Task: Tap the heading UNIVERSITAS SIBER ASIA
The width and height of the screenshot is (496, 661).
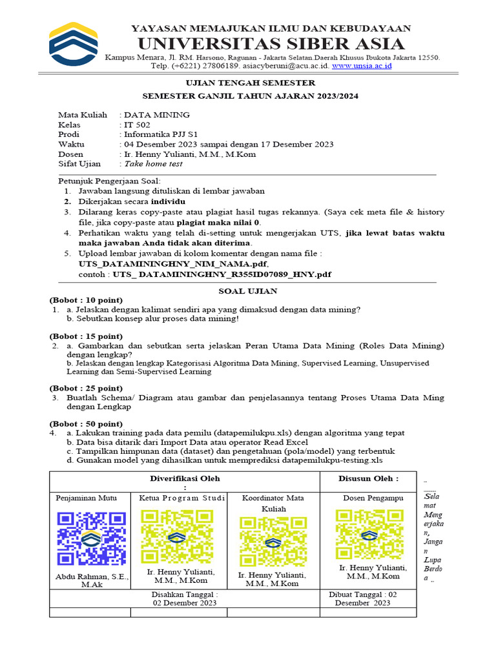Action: pos(271,44)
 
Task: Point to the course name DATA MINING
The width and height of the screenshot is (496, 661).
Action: pos(157,115)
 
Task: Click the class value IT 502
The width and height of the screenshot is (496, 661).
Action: pos(136,125)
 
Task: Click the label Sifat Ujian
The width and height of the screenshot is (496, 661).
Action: pos(80,164)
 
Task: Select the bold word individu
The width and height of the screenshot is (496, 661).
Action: pos(169,201)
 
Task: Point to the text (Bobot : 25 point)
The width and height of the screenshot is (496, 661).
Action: pos(86,388)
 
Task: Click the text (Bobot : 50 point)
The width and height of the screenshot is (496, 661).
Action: pos(86,423)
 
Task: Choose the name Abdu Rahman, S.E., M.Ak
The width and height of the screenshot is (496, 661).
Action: pos(92,580)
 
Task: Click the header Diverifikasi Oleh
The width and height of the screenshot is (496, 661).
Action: pos(185,478)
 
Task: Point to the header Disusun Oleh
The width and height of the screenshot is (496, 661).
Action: pos(368,478)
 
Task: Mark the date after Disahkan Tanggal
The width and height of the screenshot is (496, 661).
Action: pos(185,603)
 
